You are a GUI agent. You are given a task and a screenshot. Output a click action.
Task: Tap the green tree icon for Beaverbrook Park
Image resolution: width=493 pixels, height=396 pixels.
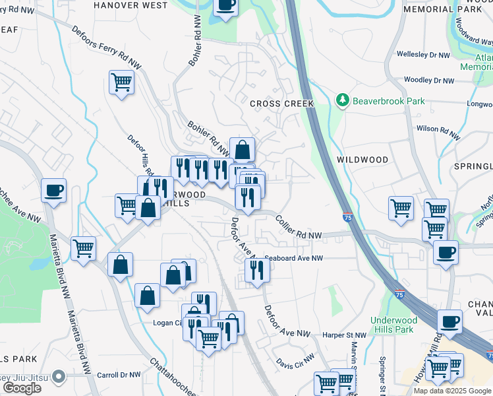[342, 101]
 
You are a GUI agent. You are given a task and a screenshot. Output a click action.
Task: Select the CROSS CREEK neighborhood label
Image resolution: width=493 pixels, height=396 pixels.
[281, 104]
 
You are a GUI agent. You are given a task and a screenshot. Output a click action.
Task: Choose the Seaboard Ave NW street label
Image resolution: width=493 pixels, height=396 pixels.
[294, 259]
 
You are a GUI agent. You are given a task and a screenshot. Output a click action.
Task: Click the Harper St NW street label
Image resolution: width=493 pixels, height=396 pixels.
[341, 335]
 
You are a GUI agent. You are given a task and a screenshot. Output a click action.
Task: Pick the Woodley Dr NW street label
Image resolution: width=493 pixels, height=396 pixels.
[429, 81]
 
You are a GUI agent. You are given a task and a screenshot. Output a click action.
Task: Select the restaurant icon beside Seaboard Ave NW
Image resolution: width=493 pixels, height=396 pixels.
[256, 269]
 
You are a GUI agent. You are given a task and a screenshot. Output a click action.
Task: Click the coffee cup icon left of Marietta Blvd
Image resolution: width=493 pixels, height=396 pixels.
[53, 191]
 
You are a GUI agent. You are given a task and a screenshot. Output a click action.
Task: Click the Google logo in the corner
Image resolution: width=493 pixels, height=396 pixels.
[22, 388]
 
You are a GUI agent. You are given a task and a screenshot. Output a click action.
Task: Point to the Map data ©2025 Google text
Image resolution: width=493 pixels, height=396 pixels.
[452, 391]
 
